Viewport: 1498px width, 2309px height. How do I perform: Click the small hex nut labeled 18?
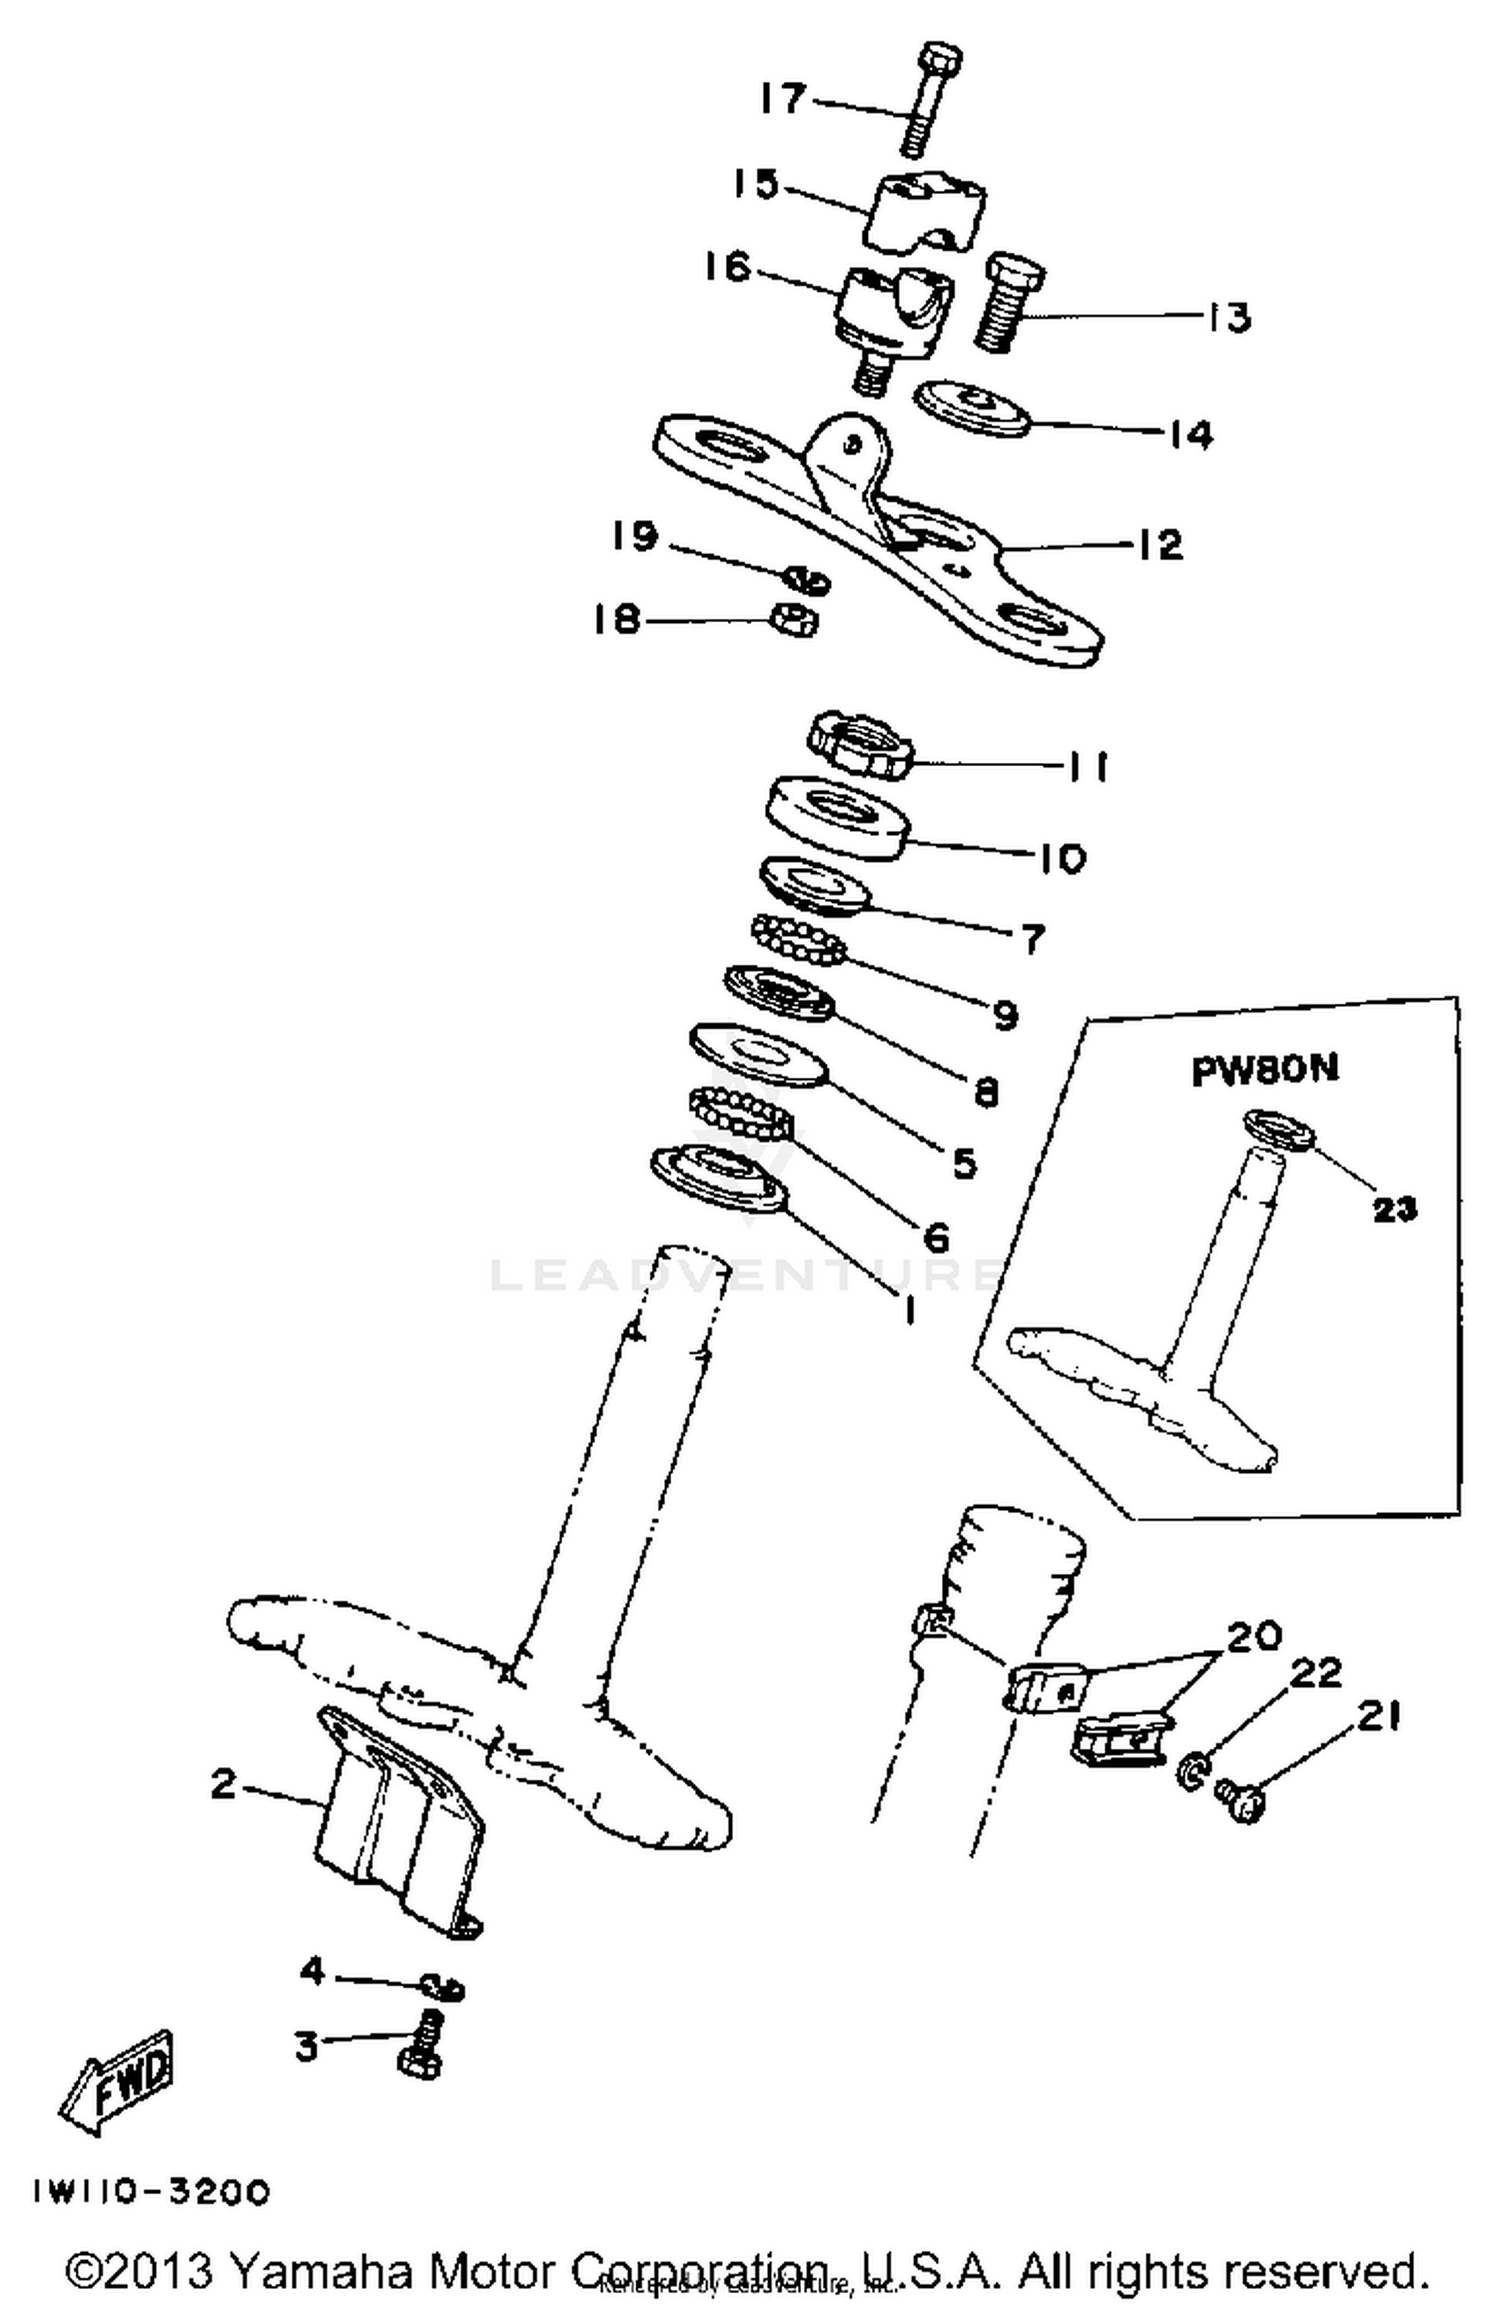795,620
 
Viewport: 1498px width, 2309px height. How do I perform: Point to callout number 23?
1394,1209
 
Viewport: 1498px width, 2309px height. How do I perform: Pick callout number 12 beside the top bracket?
1158,545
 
